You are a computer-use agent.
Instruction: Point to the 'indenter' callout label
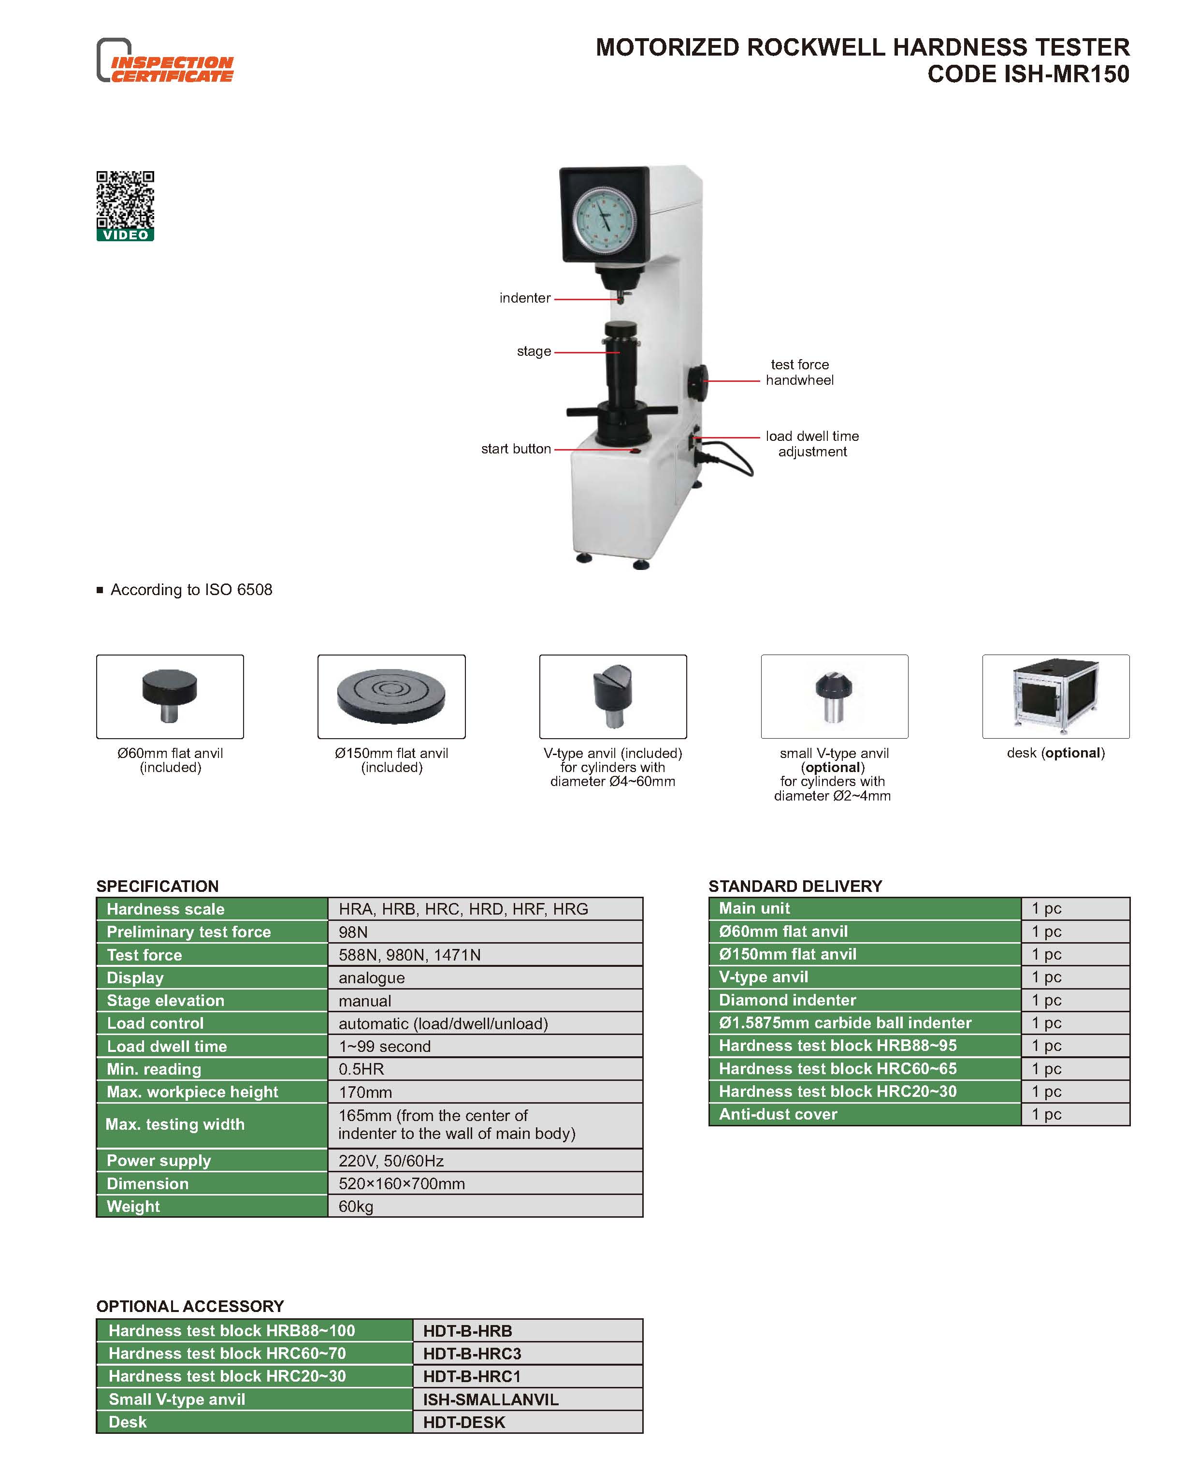pos(525,298)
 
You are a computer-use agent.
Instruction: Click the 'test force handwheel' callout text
pos(800,372)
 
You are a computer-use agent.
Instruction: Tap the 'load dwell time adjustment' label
pos(812,443)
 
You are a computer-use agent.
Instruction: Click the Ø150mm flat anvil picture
pos(391,696)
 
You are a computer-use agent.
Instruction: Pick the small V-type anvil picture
pos(834,697)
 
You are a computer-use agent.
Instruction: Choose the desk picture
pos(1055,696)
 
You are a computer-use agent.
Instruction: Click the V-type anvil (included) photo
pos(613,696)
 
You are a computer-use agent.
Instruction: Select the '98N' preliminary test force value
pos(353,932)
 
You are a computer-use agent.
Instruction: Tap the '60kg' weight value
pos(356,1206)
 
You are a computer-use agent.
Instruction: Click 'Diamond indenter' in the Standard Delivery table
pos(787,1000)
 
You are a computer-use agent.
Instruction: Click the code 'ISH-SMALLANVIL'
pos(491,1399)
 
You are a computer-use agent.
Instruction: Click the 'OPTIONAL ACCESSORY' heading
pos(190,1306)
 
